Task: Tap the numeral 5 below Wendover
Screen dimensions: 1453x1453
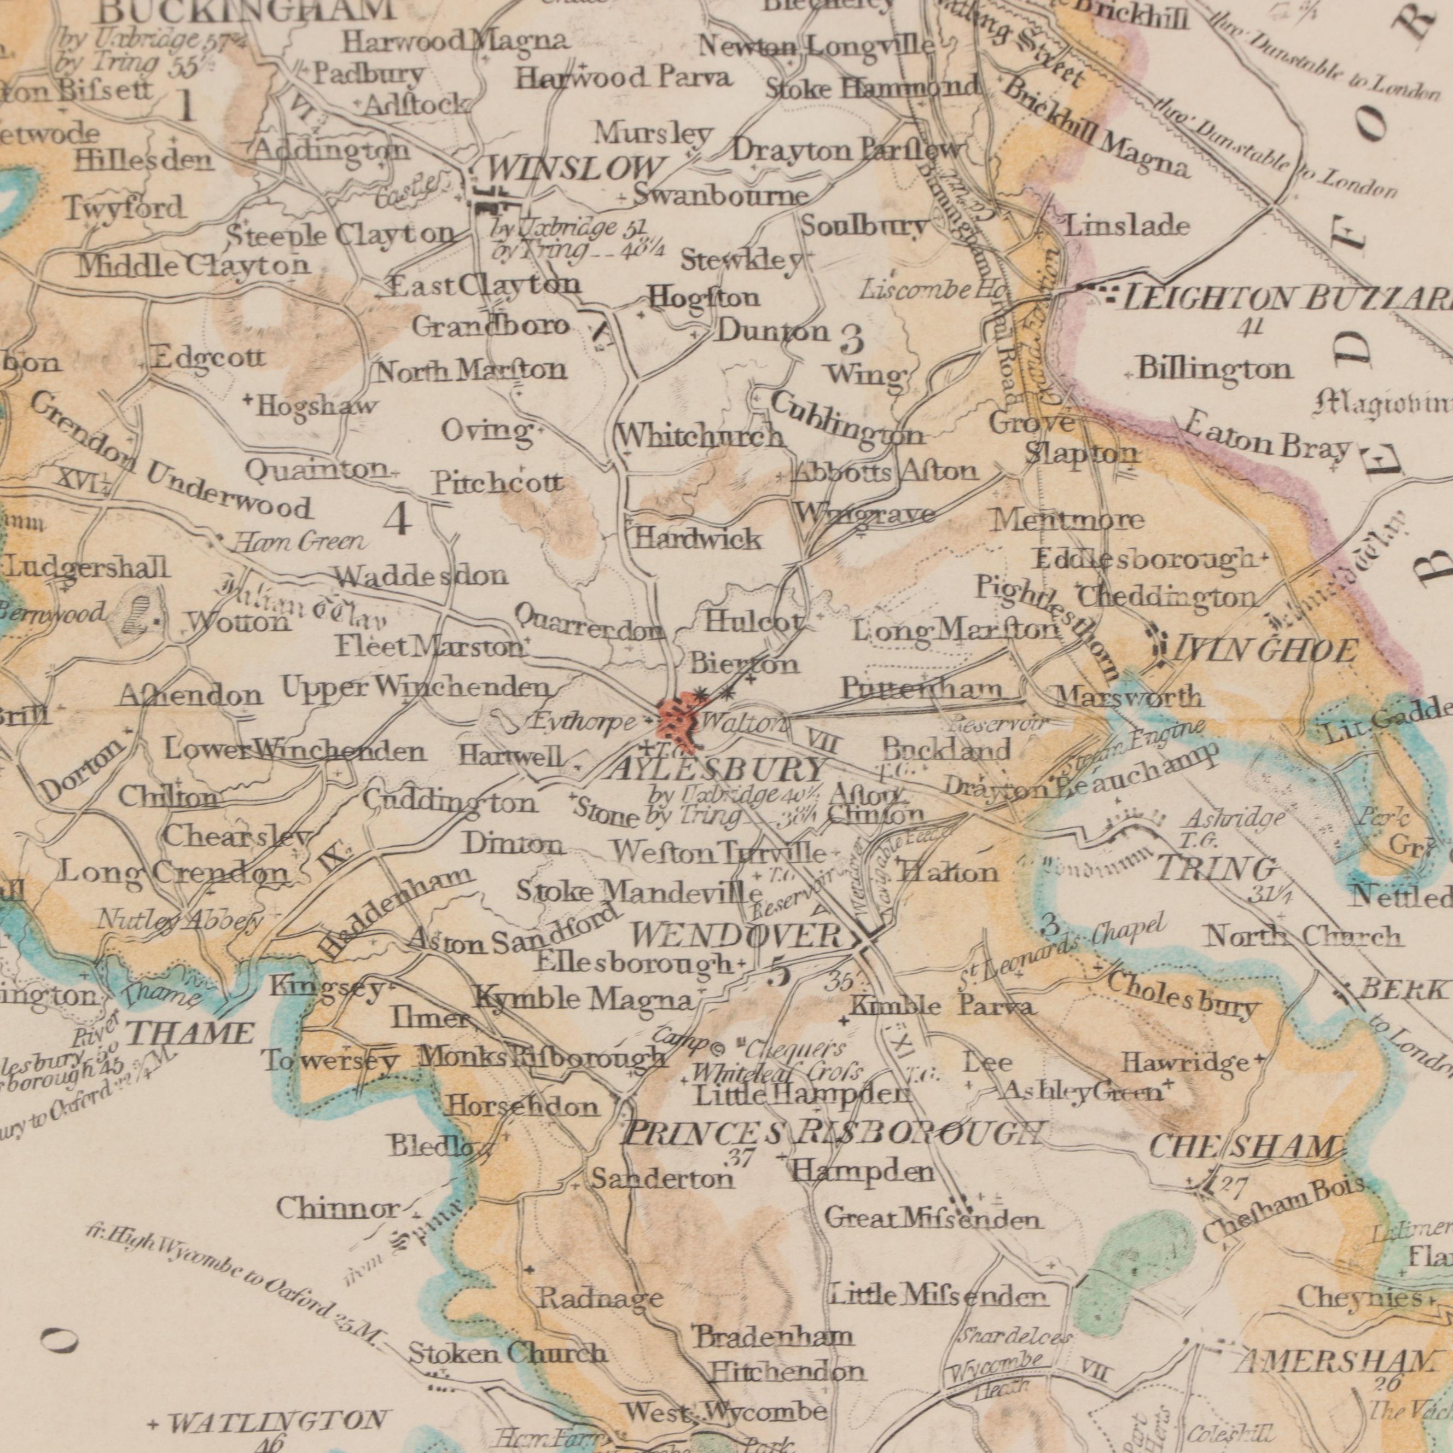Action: pos(781,975)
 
